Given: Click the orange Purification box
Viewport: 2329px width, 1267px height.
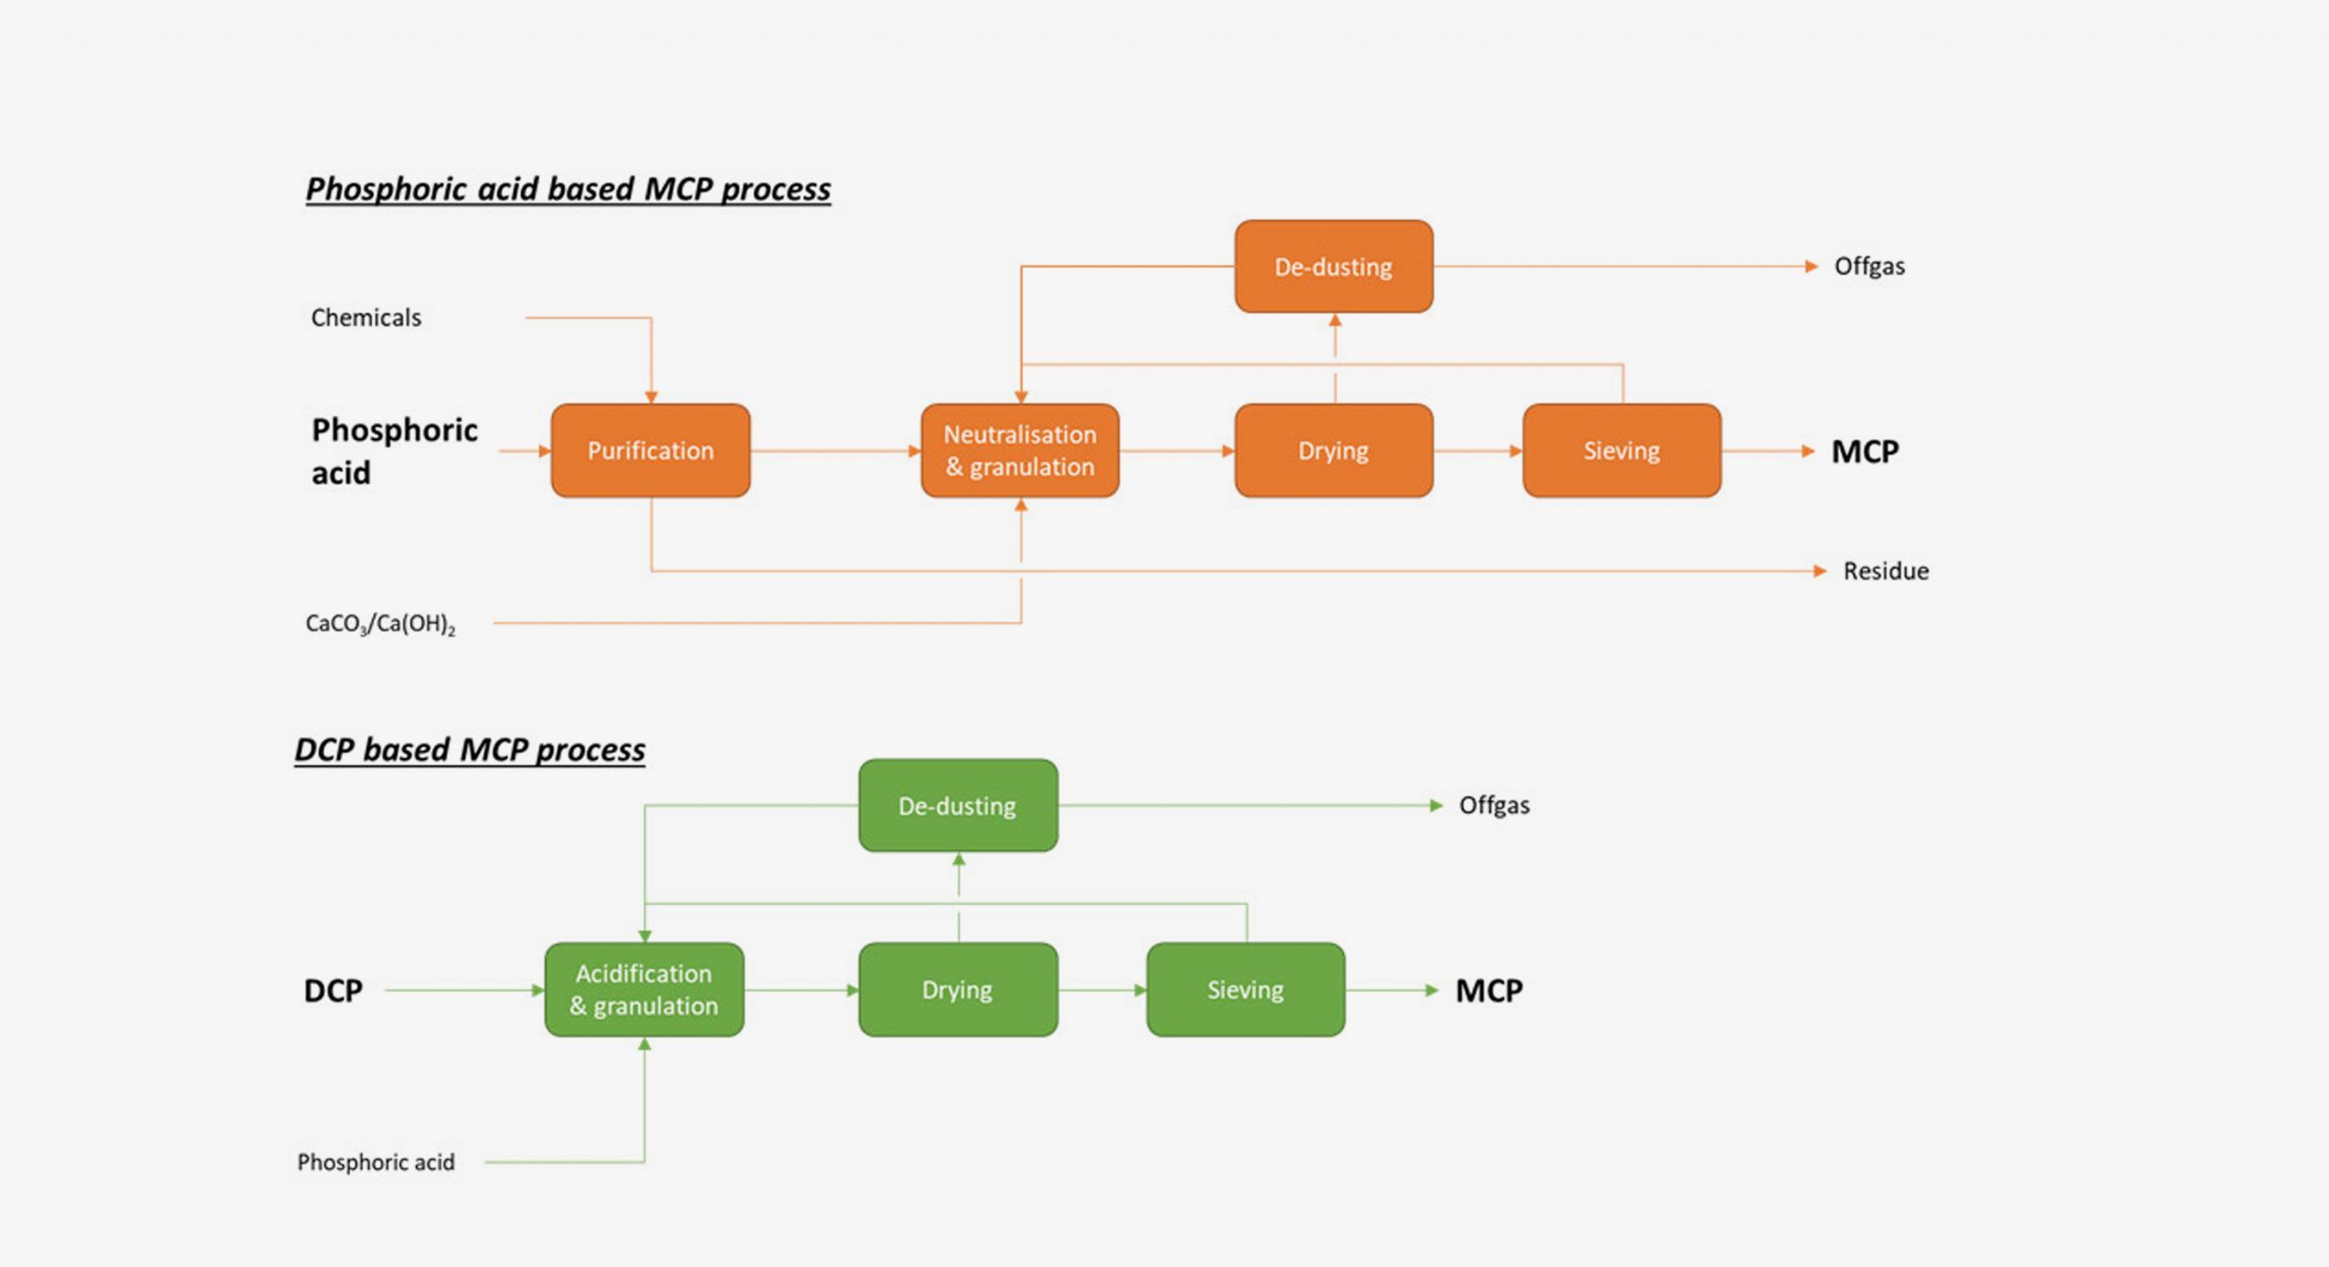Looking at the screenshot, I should [x=650, y=450].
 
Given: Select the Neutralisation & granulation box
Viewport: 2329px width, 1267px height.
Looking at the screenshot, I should [x=1020, y=450].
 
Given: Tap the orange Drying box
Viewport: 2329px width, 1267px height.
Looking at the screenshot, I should [x=1334, y=450].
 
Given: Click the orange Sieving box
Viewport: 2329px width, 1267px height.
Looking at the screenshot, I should [x=1621, y=450].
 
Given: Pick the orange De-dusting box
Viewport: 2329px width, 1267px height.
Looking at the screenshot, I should [x=1334, y=266].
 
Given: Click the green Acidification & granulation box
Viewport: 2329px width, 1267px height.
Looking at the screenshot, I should [x=644, y=990].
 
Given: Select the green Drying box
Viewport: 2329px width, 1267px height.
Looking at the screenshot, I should [x=957, y=990].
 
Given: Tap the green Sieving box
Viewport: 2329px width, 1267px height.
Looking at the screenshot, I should [x=1245, y=990].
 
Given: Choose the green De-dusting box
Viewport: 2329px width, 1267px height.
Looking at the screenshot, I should [x=957, y=806].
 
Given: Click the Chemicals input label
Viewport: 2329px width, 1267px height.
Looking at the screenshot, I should [x=366, y=317].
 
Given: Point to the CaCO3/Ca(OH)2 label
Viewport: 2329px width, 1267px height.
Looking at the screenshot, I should [x=380, y=624].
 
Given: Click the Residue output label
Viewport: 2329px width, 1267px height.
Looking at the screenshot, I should [x=1885, y=571].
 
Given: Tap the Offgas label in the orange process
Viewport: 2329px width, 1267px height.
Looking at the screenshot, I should [x=1869, y=266].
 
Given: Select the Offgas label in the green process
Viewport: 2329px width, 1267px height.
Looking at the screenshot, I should [x=1494, y=806].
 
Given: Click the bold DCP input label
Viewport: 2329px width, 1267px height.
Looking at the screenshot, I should [x=333, y=990].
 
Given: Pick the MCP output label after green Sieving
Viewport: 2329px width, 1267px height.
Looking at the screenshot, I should [x=1488, y=990].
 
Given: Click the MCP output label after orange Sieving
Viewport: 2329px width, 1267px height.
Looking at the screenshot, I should [x=1864, y=451].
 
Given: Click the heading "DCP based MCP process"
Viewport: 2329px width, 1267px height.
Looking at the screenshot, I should [x=469, y=749].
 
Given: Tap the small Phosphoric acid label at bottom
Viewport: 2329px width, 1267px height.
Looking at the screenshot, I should [x=376, y=1162].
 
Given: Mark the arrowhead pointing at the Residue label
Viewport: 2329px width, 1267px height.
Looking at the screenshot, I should [x=1820, y=571].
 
